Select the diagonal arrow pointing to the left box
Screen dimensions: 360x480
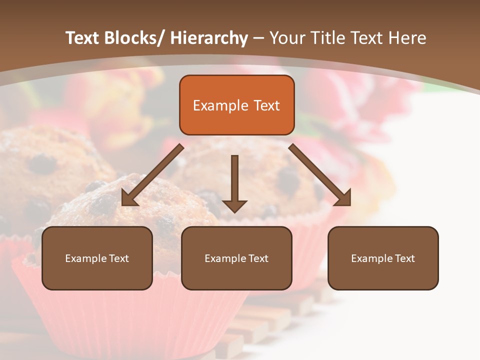point(152,175)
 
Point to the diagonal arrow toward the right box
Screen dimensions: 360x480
point(320,175)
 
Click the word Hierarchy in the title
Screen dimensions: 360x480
point(209,38)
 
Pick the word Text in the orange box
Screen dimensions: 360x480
point(266,105)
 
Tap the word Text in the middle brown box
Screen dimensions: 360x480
point(258,258)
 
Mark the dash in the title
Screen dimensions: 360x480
point(258,38)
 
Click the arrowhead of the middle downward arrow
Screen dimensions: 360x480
point(234,205)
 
